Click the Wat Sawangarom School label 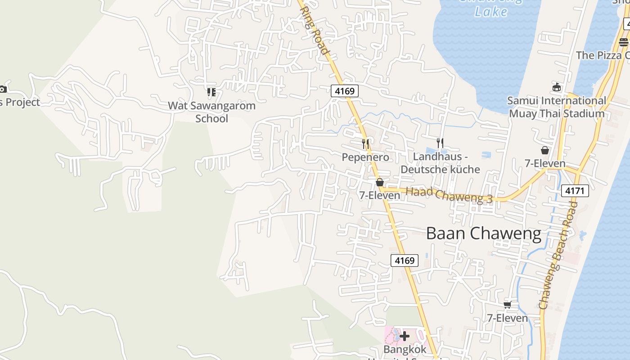point(211,112)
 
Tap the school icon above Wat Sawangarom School point(211,92)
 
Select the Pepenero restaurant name point(365,157)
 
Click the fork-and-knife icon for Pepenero point(366,144)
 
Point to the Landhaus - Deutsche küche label point(440,163)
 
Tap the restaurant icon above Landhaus point(440,143)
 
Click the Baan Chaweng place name point(483,234)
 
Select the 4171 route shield point(575,191)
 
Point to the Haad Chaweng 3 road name point(449,195)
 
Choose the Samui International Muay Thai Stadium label point(557,107)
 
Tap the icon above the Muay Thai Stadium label point(557,87)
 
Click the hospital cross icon point(405,336)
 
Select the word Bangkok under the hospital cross point(405,350)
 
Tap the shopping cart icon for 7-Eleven point(508,305)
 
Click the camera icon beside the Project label point(3,89)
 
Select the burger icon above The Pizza point(623,42)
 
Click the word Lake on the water point(490,11)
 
